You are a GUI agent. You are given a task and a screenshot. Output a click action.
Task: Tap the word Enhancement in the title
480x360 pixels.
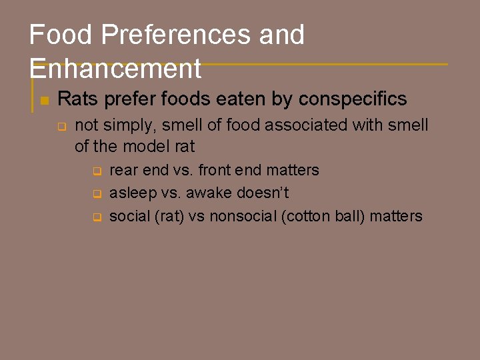[115, 68]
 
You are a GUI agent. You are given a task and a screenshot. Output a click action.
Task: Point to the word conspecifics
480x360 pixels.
[353, 99]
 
